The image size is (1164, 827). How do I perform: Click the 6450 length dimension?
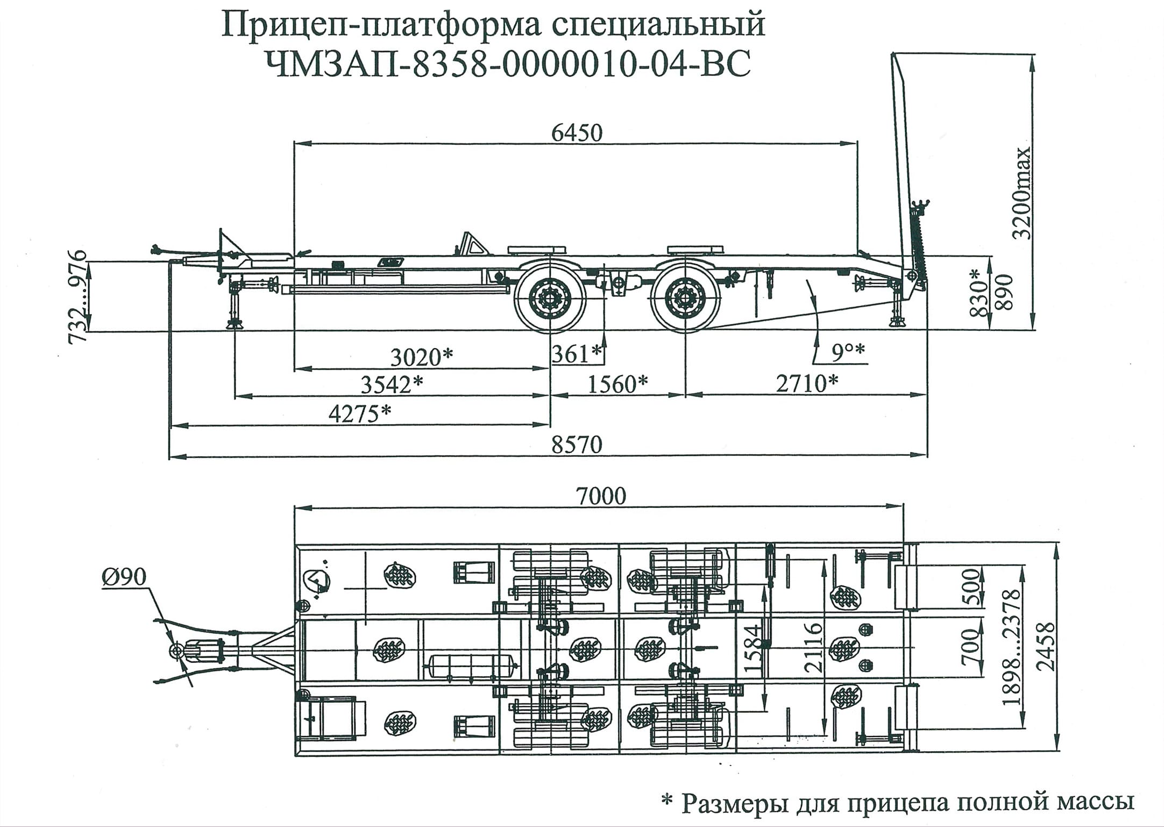pyautogui.click(x=577, y=132)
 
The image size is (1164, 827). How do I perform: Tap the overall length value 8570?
pyautogui.click(x=577, y=444)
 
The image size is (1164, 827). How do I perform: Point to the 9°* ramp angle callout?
pyautogui.click(x=848, y=352)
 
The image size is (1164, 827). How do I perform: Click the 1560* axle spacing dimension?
pyautogui.click(x=618, y=384)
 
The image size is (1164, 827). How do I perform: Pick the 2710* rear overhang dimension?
pyautogui.click(x=807, y=384)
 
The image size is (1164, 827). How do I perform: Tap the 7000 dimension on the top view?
pyautogui.click(x=601, y=496)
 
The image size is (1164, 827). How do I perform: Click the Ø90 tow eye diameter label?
pyautogui.click(x=124, y=577)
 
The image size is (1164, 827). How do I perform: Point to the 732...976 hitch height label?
pyautogui.click(x=78, y=296)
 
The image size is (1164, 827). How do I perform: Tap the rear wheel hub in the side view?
pyautogui.click(x=685, y=298)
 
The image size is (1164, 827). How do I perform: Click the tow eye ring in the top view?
pyautogui.click(x=175, y=651)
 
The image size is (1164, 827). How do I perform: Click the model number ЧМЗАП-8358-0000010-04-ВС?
pyautogui.click(x=508, y=65)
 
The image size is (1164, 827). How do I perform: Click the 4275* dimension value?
pyautogui.click(x=359, y=414)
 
